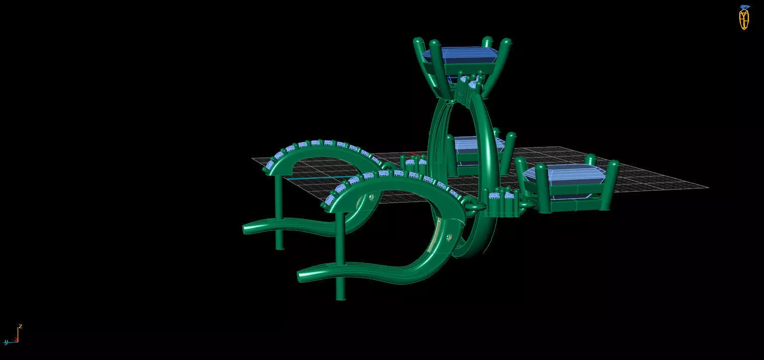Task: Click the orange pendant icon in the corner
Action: click(x=744, y=18)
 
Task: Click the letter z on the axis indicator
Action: click(x=20, y=327)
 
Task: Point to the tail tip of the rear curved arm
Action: click(x=247, y=230)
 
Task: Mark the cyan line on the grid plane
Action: click(x=304, y=178)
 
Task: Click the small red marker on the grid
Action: click(x=413, y=154)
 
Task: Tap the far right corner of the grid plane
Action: click(x=707, y=188)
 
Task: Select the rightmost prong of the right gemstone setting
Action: click(x=613, y=184)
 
